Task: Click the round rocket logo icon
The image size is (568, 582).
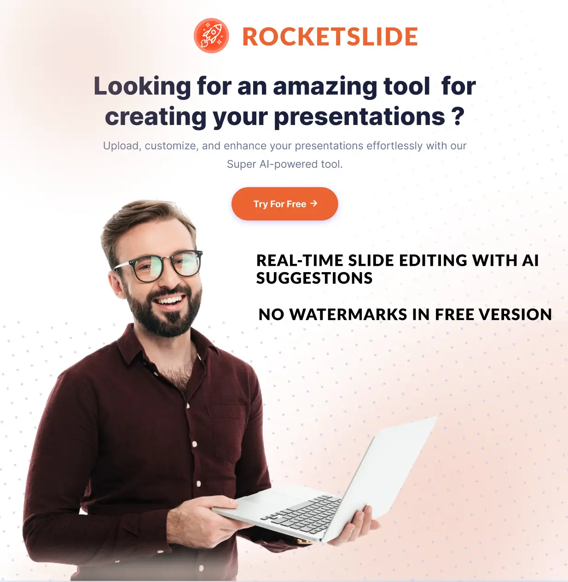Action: [211, 36]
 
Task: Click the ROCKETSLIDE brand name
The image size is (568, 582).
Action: [330, 37]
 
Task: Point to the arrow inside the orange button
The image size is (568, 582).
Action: [314, 203]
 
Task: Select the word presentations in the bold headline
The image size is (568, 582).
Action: [359, 117]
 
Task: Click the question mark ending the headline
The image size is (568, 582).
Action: [458, 117]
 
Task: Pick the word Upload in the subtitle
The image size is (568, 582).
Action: [121, 146]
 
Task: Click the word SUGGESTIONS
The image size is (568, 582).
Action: [314, 278]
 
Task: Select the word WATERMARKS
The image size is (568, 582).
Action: [348, 314]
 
